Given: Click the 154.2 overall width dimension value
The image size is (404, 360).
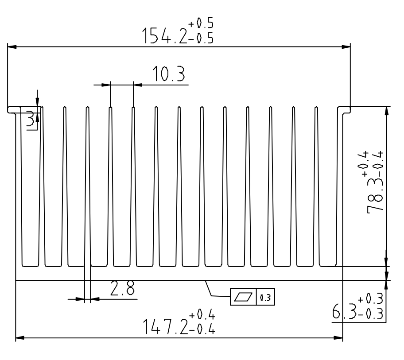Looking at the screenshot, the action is click(x=165, y=36).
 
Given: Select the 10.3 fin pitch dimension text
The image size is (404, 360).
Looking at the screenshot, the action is click(x=169, y=74).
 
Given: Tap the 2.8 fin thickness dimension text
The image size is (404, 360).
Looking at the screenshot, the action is click(x=122, y=288).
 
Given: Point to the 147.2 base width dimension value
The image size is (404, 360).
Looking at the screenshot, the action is click(x=165, y=326).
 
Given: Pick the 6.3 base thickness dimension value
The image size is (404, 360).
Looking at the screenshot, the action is click(x=344, y=311).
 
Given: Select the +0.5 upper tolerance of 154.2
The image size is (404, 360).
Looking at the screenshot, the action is click(x=201, y=23).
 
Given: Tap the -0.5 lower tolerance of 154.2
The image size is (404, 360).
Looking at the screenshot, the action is click(x=201, y=39).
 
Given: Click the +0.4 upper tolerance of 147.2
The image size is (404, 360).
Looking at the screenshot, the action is click(x=202, y=314).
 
